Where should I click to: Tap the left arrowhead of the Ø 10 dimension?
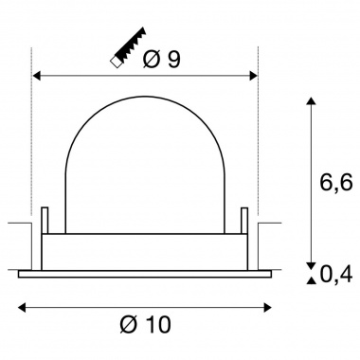click(24, 306)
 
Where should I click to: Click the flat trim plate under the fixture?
click(147, 275)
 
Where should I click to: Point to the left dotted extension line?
click(33, 142)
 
